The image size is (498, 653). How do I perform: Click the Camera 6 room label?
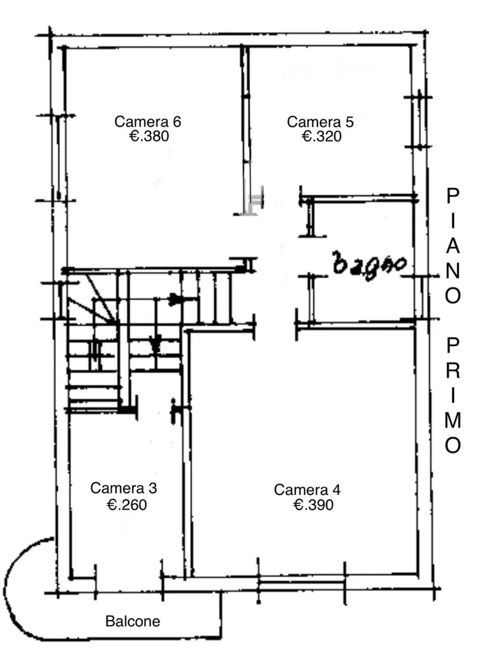(x=148, y=122)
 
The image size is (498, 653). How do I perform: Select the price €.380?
(x=149, y=136)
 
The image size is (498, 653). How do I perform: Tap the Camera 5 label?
(x=320, y=122)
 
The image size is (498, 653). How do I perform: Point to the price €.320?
(x=321, y=136)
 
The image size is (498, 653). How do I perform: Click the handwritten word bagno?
(x=370, y=266)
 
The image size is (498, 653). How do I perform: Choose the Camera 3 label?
(x=124, y=488)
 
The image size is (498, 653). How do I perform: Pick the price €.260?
(x=127, y=505)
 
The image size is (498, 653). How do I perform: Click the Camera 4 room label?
(x=307, y=490)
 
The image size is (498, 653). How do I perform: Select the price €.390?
(x=314, y=505)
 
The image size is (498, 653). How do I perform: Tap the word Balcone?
(x=133, y=621)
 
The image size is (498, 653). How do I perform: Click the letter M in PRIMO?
(x=453, y=421)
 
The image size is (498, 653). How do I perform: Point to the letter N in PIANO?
(x=453, y=270)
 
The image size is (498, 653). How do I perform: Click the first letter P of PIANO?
(x=453, y=196)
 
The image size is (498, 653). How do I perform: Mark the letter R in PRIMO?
(x=453, y=371)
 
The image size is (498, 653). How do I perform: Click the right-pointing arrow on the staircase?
(x=175, y=299)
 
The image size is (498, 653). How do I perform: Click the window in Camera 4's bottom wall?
(x=301, y=581)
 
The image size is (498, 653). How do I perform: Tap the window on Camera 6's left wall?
(x=58, y=158)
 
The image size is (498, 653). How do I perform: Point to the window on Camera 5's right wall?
(x=419, y=121)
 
